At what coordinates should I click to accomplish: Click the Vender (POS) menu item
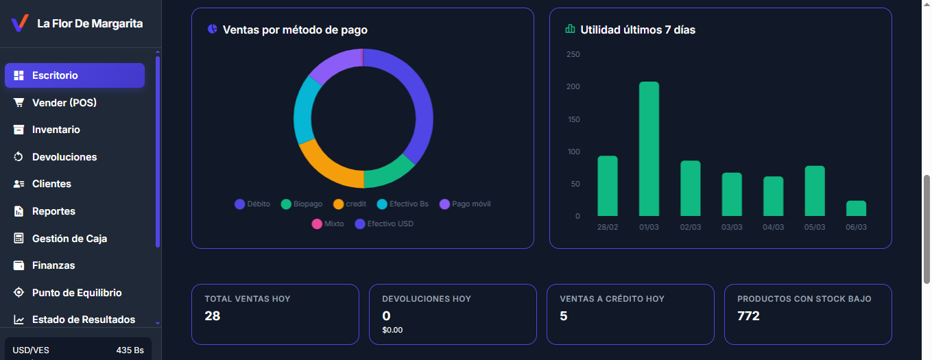[64, 103]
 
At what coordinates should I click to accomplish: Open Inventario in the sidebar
[56, 130]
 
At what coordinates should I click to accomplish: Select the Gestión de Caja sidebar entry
[69, 239]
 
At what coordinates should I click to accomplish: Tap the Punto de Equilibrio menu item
[77, 293]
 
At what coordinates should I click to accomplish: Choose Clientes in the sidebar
[51, 184]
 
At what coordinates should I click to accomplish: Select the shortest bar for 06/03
[856, 208]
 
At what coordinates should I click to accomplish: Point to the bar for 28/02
[608, 186]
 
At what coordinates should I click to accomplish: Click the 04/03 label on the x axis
[773, 227]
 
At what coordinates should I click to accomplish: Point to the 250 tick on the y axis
[573, 54]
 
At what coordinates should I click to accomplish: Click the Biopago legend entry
[302, 204]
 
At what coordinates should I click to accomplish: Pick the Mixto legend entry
[328, 224]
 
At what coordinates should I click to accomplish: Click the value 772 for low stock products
[748, 316]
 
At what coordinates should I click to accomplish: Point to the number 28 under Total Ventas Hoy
[212, 316]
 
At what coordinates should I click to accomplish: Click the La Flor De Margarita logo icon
[20, 23]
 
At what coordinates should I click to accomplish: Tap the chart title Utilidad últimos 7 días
[638, 29]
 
